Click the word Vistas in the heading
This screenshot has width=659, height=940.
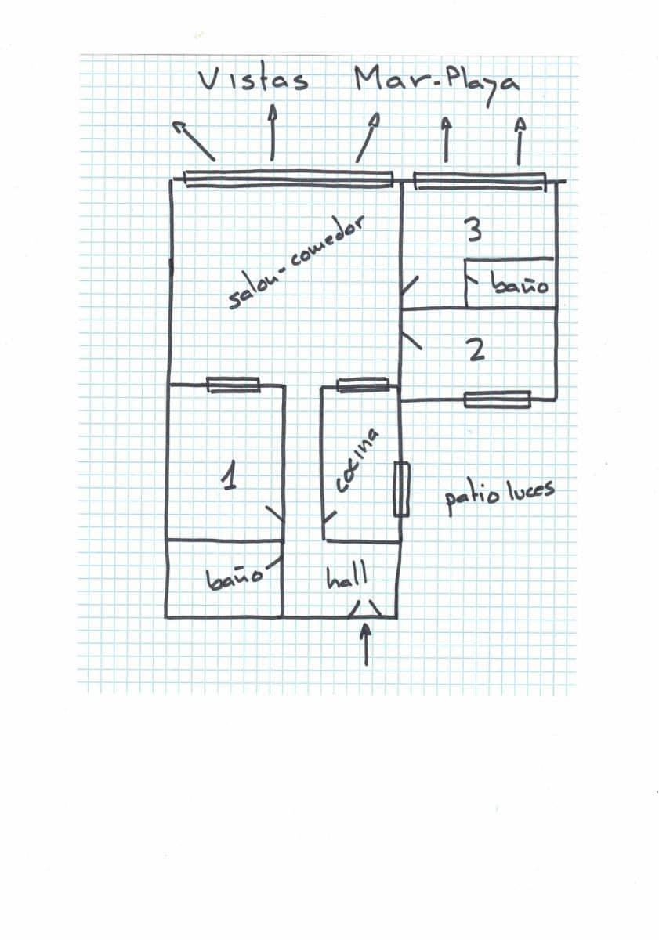point(253,81)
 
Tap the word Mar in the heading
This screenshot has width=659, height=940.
point(389,79)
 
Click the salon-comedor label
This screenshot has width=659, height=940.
point(296,262)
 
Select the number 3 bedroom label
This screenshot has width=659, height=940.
point(474,230)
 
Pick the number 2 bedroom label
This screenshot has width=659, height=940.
point(476,350)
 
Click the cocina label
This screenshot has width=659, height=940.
point(357,461)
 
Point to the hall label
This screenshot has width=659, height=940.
point(346,577)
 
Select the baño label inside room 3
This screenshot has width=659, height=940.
point(520,285)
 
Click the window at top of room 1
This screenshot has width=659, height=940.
point(234,385)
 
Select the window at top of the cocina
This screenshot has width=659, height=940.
point(363,385)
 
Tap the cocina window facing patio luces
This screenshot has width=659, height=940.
point(401,490)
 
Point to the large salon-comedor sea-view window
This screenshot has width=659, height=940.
point(288,179)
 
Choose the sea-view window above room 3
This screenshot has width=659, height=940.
point(480,181)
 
